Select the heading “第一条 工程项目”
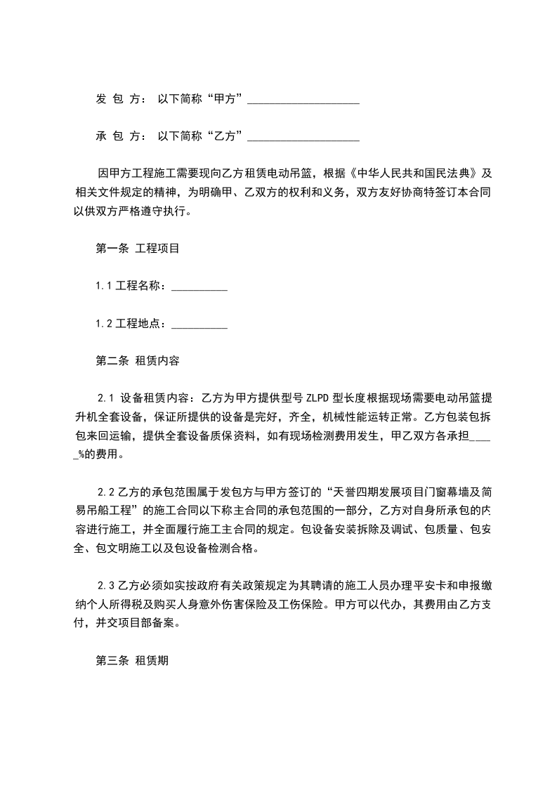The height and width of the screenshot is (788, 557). click(x=137, y=249)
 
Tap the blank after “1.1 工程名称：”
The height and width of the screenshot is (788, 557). click(x=199, y=287)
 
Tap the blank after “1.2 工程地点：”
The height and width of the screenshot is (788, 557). click(x=199, y=324)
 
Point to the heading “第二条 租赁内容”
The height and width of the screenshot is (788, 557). click(x=137, y=361)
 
